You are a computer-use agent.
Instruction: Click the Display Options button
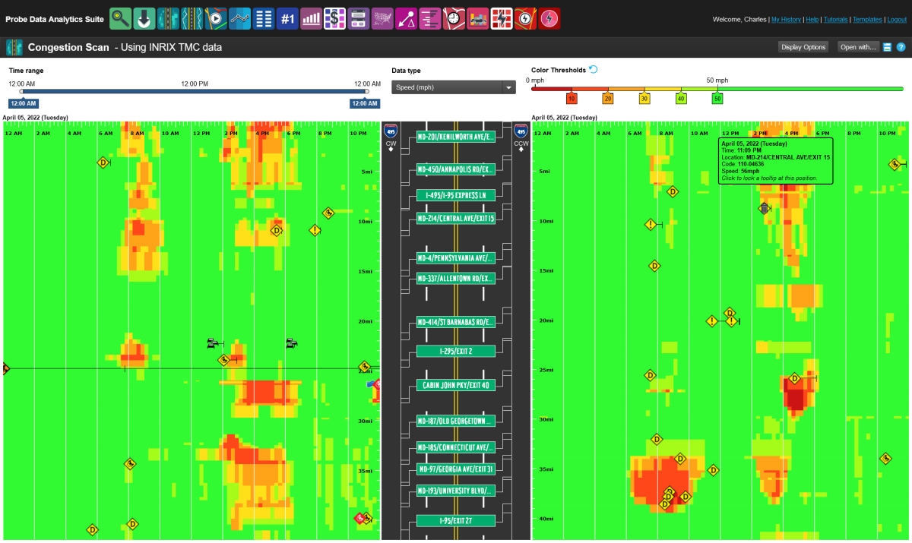[803, 47]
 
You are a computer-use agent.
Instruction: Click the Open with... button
[857, 47]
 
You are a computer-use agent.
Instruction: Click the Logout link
[897, 20]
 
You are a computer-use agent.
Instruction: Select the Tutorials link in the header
[835, 20]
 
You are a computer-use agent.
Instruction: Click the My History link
[786, 20]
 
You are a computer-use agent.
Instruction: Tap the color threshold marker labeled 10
[572, 98]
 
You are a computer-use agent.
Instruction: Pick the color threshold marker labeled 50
[717, 98]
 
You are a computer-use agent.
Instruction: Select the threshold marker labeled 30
[644, 98]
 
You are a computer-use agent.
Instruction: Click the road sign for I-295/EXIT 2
[455, 351]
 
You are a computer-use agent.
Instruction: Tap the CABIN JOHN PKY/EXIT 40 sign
[455, 385]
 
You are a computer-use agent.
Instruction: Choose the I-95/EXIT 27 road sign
[455, 520]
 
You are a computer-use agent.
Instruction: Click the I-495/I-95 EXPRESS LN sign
[455, 195]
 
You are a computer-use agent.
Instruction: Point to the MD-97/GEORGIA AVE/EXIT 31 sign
[455, 469]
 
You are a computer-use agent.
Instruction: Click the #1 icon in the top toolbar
[287, 18]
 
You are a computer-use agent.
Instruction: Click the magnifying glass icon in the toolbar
[120, 18]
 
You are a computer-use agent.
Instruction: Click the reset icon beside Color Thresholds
[594, 70]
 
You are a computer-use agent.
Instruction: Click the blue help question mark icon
[901, 47]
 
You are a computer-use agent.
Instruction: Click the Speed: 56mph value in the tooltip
[742, 172]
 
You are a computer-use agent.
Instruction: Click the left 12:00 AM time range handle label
[23, 103]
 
